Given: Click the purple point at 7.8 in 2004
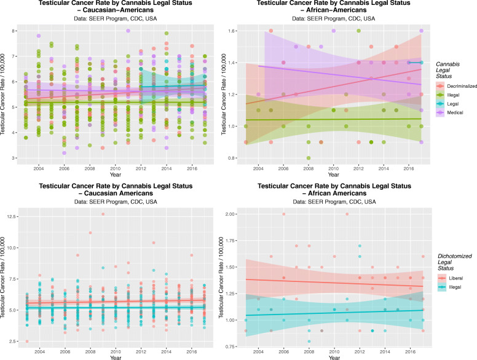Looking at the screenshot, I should pos(39,36).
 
